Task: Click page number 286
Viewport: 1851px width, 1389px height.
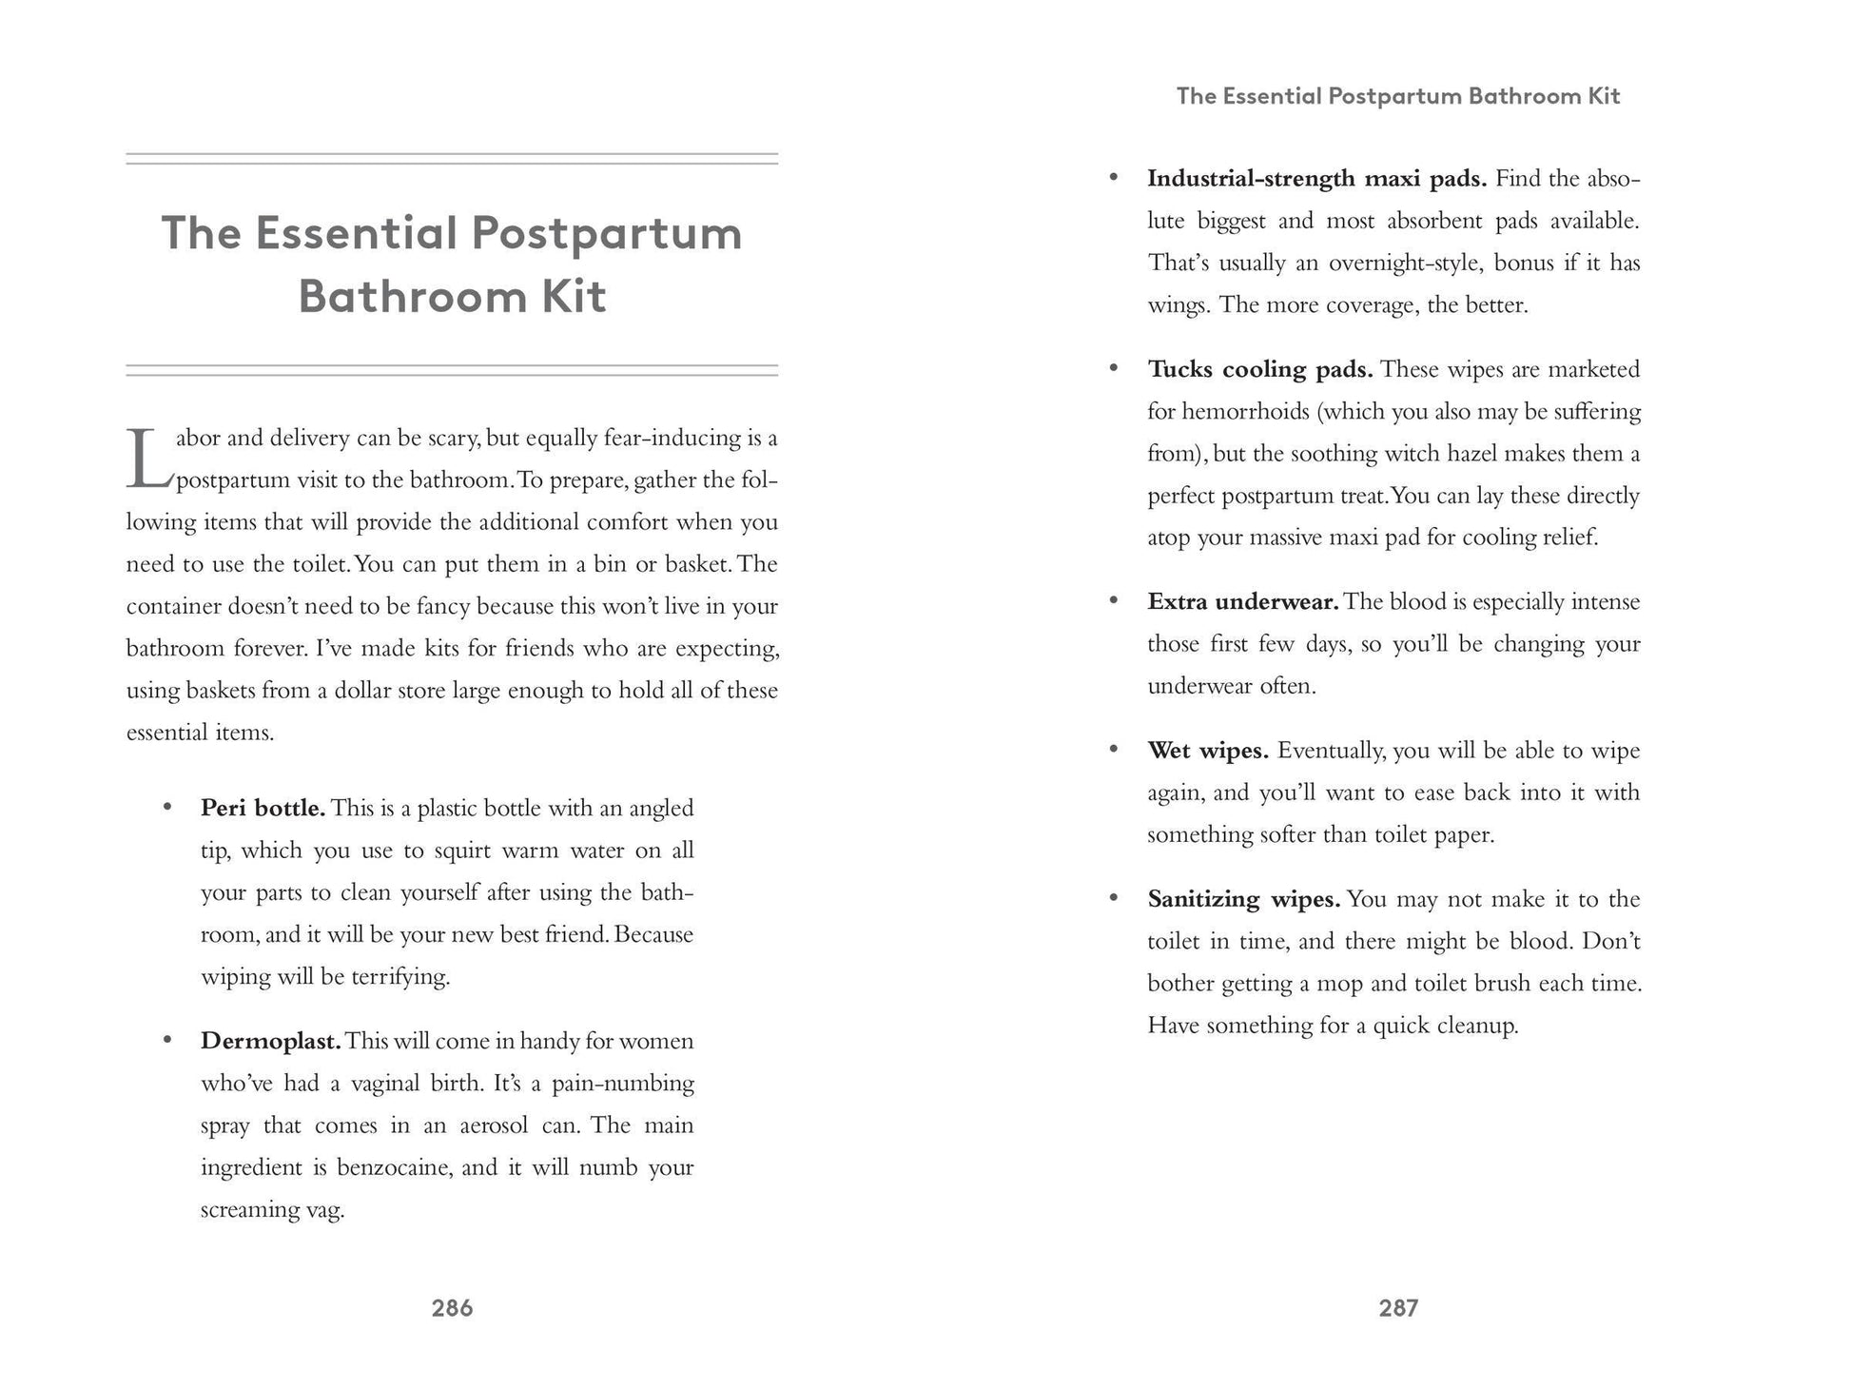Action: tap(452, 1308)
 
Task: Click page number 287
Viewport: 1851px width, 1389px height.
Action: tap(1398, 1308)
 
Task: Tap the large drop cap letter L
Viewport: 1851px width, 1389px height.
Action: tap(147, 459)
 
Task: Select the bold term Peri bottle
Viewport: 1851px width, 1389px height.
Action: tap(263, 808)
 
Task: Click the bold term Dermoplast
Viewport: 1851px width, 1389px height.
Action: tap(270, 1041)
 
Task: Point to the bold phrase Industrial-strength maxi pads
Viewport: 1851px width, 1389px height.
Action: tap(1316, 179)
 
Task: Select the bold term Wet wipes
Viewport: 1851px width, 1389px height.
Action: tap(1208, 751)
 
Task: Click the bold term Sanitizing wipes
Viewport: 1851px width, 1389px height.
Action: tap(1243, 899)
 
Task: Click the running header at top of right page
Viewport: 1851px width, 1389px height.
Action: tap(1397, 96)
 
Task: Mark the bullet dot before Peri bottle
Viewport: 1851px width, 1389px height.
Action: tap(167, 807)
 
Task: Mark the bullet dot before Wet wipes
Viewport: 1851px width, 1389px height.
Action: tap(1114, 749)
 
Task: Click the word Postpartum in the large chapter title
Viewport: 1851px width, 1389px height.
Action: tap(607, 233)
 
